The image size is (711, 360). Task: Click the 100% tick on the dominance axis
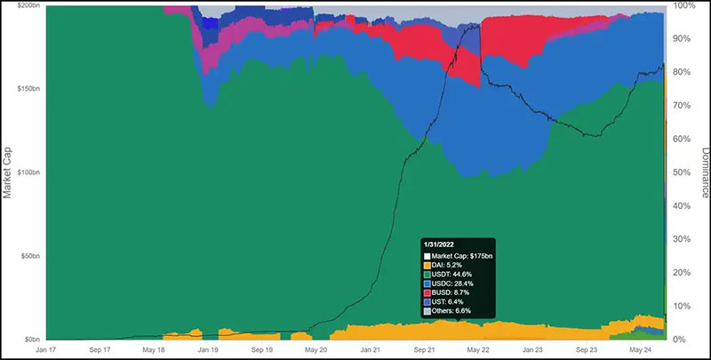(684, 5)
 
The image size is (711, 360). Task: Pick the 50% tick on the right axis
(682, 172)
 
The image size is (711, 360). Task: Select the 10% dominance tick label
(682, 307)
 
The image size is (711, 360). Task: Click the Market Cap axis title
(8, 172)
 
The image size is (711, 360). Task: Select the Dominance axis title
(703, 172)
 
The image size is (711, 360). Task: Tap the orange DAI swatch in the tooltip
(427, 265)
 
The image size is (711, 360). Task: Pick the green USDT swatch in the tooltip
(427, 274)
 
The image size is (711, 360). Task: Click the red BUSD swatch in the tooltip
(427, 292)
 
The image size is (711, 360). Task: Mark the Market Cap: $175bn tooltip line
(465, 256)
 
